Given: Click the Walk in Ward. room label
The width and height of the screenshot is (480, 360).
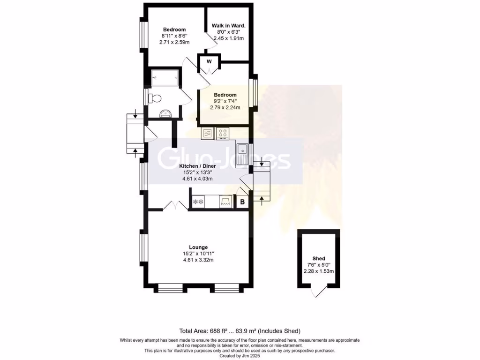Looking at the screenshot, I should pyautogui.click(x=229, y=25).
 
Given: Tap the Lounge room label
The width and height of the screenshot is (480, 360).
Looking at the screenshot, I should pyautogui.click(x=198, y=247).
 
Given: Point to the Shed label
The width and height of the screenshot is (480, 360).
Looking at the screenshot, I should pyautogui.click(x=319, y=258).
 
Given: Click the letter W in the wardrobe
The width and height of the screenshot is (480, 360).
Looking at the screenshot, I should pyautogui.click(x=209, y=61).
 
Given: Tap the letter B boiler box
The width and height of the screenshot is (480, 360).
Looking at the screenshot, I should pyautogui.click(x=242, y=202).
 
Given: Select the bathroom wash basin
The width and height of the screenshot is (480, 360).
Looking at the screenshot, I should pyautogui.click(x=165, y=113).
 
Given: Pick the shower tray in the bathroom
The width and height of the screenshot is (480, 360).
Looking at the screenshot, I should pyautogui.click(x=165, y=77).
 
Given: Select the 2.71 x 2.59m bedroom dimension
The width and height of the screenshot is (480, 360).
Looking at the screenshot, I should pyautogui.click(x=174, y=42).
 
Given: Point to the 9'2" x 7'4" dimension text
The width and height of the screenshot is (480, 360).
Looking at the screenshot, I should pyautogui.click(x=225, y=101).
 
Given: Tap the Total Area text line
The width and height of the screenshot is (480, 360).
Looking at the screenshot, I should pyautogui.click(x=240, y=330).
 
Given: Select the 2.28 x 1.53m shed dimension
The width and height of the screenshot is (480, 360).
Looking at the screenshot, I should pyautogui.click(x=319, y=271).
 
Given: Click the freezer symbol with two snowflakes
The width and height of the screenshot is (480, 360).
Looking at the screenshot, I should pyautogui.click(x=198, y=202).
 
